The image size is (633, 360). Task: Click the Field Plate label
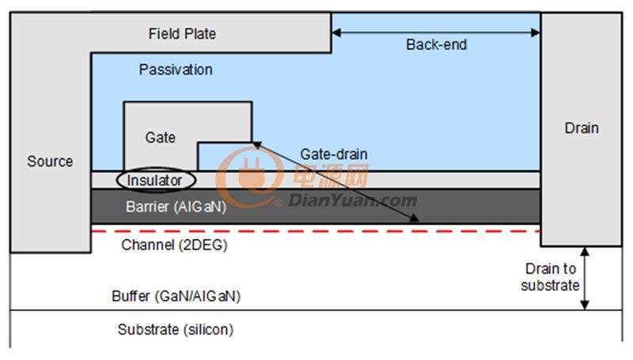point(182,33)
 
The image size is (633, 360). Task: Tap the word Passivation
point(176,70)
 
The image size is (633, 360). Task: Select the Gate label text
point(161,137)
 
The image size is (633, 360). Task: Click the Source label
point(50,161)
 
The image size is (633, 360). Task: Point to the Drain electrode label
point(582,128)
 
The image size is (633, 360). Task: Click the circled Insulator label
point(154,180)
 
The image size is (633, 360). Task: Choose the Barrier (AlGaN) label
point(176,207)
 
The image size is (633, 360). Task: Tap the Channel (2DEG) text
point(174,244)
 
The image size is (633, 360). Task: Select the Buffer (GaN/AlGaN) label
point(176,296)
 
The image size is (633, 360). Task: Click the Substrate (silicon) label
point(176,329)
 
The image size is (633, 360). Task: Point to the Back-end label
point(437,44)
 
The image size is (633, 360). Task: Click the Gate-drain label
point(334,153)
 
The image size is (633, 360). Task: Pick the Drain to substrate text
point(550,277)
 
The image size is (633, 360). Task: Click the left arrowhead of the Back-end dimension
point(335,32)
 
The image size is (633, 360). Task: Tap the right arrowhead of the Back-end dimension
point(536,32)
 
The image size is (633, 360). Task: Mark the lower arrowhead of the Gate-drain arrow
point(415,218)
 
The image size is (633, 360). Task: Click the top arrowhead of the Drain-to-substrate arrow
point(585,252)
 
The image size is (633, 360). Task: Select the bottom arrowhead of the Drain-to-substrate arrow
point(585,305)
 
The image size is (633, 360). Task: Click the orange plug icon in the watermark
point(253,175)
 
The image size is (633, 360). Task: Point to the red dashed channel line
point(316,231)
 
